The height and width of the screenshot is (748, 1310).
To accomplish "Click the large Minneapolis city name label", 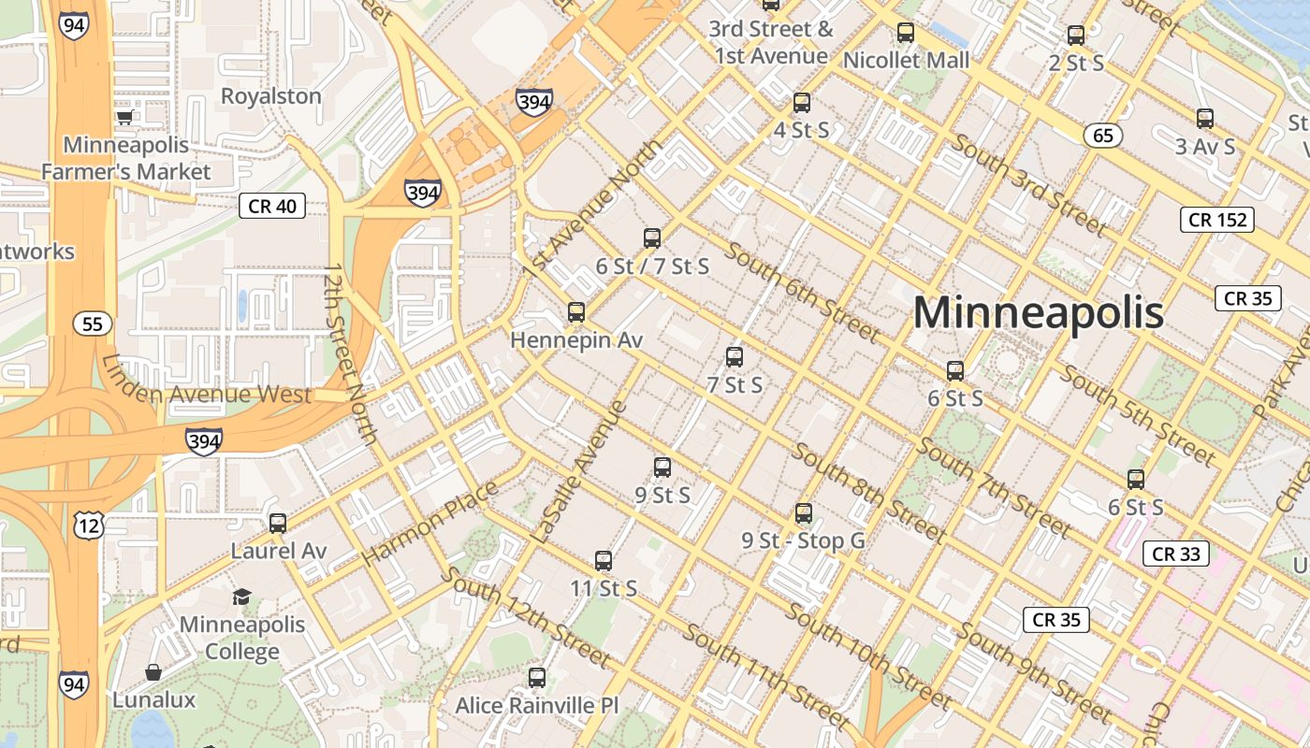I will click(x=1038, y=312).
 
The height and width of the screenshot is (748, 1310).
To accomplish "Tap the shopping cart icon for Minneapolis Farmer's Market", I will click(x=125, y=117).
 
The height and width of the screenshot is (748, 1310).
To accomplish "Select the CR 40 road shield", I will click(x=272, y=206).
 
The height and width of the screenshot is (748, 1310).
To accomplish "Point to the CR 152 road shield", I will click(x=1216, y=220).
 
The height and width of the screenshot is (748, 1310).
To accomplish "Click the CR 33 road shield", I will click(x=1176, y=554).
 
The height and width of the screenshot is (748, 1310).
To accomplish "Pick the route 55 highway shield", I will click(x=93, y=324).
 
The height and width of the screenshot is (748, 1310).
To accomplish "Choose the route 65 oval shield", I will click(x=1103, y=136).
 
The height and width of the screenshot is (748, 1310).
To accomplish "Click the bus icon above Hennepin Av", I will click(x=576, y=312).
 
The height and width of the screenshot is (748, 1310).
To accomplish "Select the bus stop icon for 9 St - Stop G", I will click(x=804, y=513).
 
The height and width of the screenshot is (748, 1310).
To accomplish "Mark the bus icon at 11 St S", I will click(x=604, y=561).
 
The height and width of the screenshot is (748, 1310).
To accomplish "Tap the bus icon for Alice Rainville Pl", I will click(x=537, y=678).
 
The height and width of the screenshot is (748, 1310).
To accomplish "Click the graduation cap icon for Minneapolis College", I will click(x=241, y=597).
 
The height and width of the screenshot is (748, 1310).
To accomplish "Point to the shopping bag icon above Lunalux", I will click(x=153, y=672).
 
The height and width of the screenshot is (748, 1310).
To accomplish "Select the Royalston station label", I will click(x=270, y=96).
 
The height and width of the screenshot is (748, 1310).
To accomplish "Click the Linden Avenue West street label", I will click(x=206, y=393).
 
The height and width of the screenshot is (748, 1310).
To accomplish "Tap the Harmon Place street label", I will click(x=430, y=524).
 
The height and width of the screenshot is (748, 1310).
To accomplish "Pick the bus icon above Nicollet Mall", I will click(x=906, y=33).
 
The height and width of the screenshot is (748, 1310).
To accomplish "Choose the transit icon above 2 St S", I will click(x=1076, y=36).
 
